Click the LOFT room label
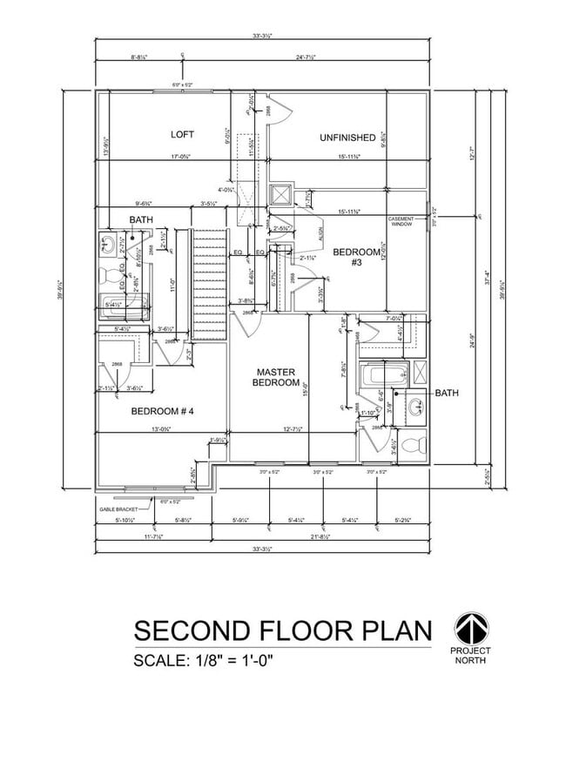(x=182, y=134)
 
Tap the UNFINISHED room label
(x=347, y=138)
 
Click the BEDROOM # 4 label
(x=162, y=411)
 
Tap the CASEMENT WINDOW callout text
(x=401, y=221)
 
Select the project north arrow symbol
(x=470, y=628)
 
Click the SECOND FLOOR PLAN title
(x=281, y=630)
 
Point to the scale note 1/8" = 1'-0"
(x=204, y=660)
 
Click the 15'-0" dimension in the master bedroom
(x=305, y=391)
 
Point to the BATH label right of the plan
(x=447, y=394)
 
